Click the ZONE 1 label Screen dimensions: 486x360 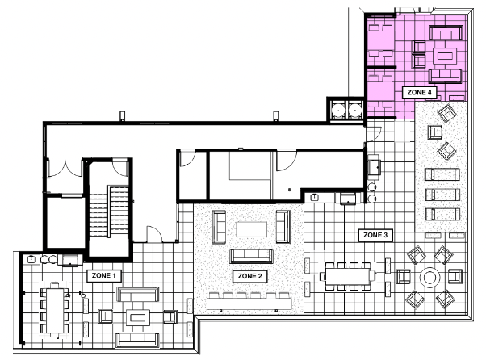(x=103, y=275)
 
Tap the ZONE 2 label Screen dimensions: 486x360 (x=249, y=276)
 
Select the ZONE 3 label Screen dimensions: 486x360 (x=375, y=235)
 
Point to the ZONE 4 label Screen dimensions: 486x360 (x=419, y=92)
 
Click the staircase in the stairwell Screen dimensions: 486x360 (x=109, y=211)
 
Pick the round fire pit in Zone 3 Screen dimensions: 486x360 (x=429, y=278)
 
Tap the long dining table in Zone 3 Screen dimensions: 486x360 (x=347, y=276)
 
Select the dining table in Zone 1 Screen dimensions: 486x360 (x=55, y=310)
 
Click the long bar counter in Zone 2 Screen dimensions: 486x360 (x=249, y=303)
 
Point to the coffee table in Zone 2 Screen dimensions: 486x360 (x=251, y=229)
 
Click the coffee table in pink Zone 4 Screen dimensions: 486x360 (x=446, y=57)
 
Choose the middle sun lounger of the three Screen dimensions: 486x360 (x=442, y=195)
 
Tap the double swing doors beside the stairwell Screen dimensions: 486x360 (x=65, y=168)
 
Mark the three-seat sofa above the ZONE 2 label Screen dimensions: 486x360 (x=251, y=256)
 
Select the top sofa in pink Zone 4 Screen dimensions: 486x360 (x=446, y=32)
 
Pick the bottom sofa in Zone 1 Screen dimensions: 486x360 (x=137, y=340)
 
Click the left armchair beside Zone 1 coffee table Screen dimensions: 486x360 (x=106, y=316)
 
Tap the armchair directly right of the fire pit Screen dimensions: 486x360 (x=455, y=276)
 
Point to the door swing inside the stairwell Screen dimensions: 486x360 (x=120, y=168)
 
